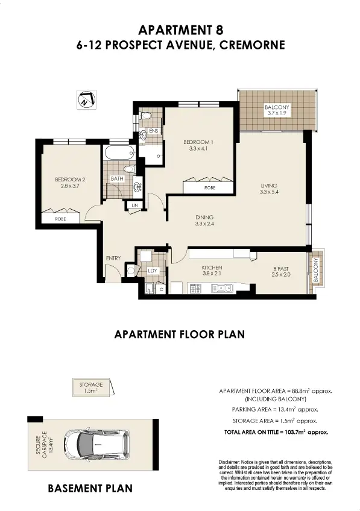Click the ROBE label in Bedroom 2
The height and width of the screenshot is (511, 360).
(x=60, y=219)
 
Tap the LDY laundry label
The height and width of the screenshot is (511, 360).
(x=153, y=271)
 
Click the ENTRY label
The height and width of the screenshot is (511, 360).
(x=113, y=258)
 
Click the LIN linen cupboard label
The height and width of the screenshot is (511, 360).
(x=134, y=207)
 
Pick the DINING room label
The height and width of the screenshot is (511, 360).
(x=204, y=218)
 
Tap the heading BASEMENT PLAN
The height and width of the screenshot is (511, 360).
(x=90, y=488)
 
